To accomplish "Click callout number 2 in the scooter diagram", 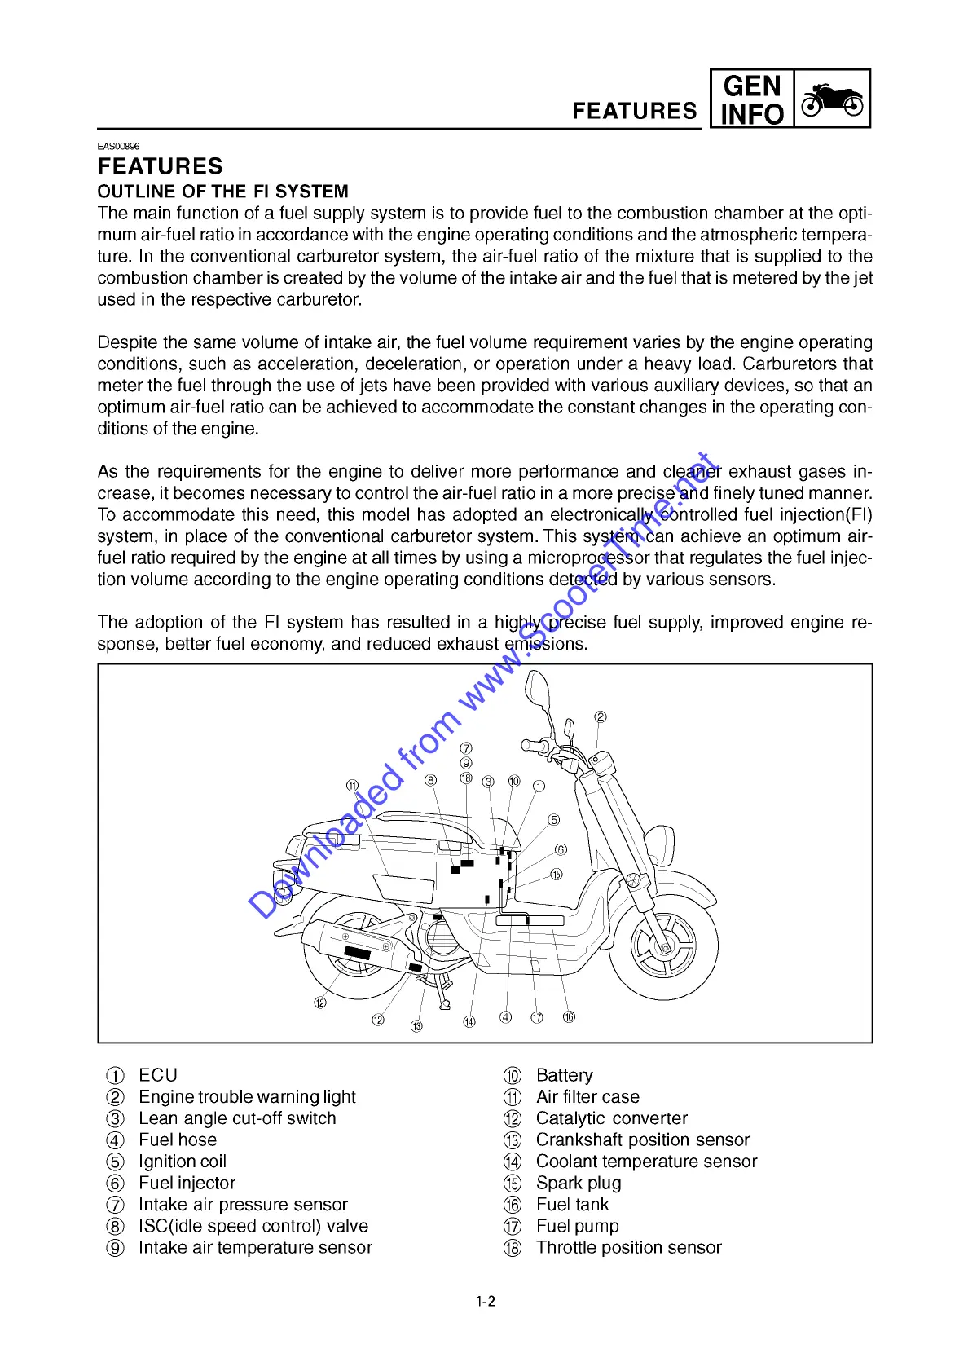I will coord(601,717).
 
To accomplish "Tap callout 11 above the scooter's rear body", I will coord(352,786).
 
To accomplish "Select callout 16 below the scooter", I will coord(569,1016).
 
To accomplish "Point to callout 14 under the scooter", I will coord(469,1021).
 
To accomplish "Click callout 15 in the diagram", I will coord(557,875).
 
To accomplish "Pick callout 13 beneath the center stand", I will coord(416,1026).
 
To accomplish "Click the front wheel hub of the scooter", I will coord(664,947).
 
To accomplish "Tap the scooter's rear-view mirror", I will coord(537,690).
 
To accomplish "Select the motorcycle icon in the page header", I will coord(832,100).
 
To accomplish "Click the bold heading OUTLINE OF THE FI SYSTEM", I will coord(222,192).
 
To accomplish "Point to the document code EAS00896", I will coord(118,147).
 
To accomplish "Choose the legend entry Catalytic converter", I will coord(611,1118).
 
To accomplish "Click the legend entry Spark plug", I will coord(579,1183).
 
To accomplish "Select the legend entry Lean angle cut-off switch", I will coord(237,1118).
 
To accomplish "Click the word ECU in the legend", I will coord(158,1075).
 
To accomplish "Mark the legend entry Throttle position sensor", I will coord(628,1247).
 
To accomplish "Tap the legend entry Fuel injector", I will coord(187,1183).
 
